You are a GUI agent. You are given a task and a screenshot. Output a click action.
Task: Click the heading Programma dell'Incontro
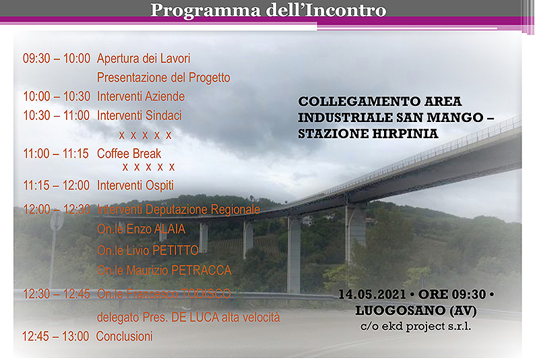(x=269, y=10)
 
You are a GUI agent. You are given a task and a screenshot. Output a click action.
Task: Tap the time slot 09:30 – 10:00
(x=57, y=59)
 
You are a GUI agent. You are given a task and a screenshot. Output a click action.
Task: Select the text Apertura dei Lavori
(x=144, y=59)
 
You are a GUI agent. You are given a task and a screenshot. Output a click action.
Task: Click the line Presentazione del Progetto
(x=164, y=78)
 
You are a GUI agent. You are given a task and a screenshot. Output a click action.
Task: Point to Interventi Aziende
(x=141, y=96)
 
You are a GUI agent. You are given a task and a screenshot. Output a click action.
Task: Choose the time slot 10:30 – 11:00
(x=57, y=116)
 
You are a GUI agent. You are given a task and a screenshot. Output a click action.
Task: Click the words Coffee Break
(x=129, y=154)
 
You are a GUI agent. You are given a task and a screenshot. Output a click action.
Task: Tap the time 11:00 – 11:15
(x=56, y=154)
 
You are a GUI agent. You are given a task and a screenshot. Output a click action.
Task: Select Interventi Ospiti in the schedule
(x=135, y=185)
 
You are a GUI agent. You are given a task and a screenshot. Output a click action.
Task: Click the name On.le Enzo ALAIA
(x=141, y=229)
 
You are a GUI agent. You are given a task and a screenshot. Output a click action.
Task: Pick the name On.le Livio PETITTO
(x=148, y=251)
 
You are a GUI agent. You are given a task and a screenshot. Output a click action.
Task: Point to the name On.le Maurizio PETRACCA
(x=164, y=270)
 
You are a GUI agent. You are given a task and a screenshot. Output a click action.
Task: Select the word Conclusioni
(x=124, y=336)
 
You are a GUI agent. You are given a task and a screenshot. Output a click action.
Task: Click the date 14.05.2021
(x=372, y=295)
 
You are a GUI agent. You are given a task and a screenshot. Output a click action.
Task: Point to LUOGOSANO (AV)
(x=416, y=311)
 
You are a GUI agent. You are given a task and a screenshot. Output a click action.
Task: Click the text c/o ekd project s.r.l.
(x=416, y=326)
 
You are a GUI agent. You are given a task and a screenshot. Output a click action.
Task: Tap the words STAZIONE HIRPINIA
(x=368, y=133)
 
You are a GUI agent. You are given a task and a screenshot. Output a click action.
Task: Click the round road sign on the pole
(x=57, y=220)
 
